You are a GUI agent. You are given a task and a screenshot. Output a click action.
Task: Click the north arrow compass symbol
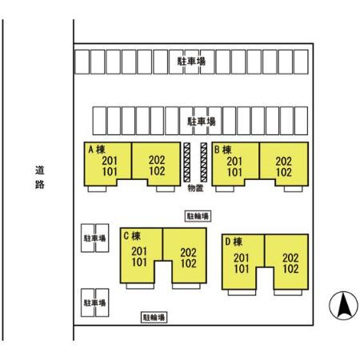point(343,306)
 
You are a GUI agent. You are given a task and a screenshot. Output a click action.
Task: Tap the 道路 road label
point(40,178)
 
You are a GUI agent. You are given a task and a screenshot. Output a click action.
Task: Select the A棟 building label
point(97,150)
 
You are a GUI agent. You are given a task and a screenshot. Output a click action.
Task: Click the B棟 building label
point(223,150)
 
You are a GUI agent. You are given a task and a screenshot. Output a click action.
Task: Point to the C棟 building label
point(132,236)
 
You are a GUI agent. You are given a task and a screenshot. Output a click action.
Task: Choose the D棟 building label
point(234,242)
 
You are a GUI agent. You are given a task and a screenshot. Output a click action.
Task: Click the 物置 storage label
point(195,188)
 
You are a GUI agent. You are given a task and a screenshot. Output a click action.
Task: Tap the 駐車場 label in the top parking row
point(191,62)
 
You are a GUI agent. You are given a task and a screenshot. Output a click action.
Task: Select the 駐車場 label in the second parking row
point(202,122)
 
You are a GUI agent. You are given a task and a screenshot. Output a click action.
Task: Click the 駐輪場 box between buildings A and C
point(198,216)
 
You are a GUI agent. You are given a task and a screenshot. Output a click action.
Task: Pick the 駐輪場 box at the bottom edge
point(154,318)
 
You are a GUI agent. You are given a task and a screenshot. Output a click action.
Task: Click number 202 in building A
point(157,160)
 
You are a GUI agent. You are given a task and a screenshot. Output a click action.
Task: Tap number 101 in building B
point(234,172)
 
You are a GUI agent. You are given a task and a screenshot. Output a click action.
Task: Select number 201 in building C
point(139,251)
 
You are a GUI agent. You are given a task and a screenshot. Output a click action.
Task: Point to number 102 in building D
point(290,269)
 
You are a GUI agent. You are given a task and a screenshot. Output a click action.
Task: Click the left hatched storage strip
point(187,162)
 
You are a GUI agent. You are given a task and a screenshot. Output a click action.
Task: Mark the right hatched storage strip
point(204,162)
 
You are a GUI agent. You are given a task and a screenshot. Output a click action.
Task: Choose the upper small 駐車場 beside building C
point(95,238)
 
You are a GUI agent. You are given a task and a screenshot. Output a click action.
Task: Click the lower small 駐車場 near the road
point(95,302)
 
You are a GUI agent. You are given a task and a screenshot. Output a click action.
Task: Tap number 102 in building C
point(189,263)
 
